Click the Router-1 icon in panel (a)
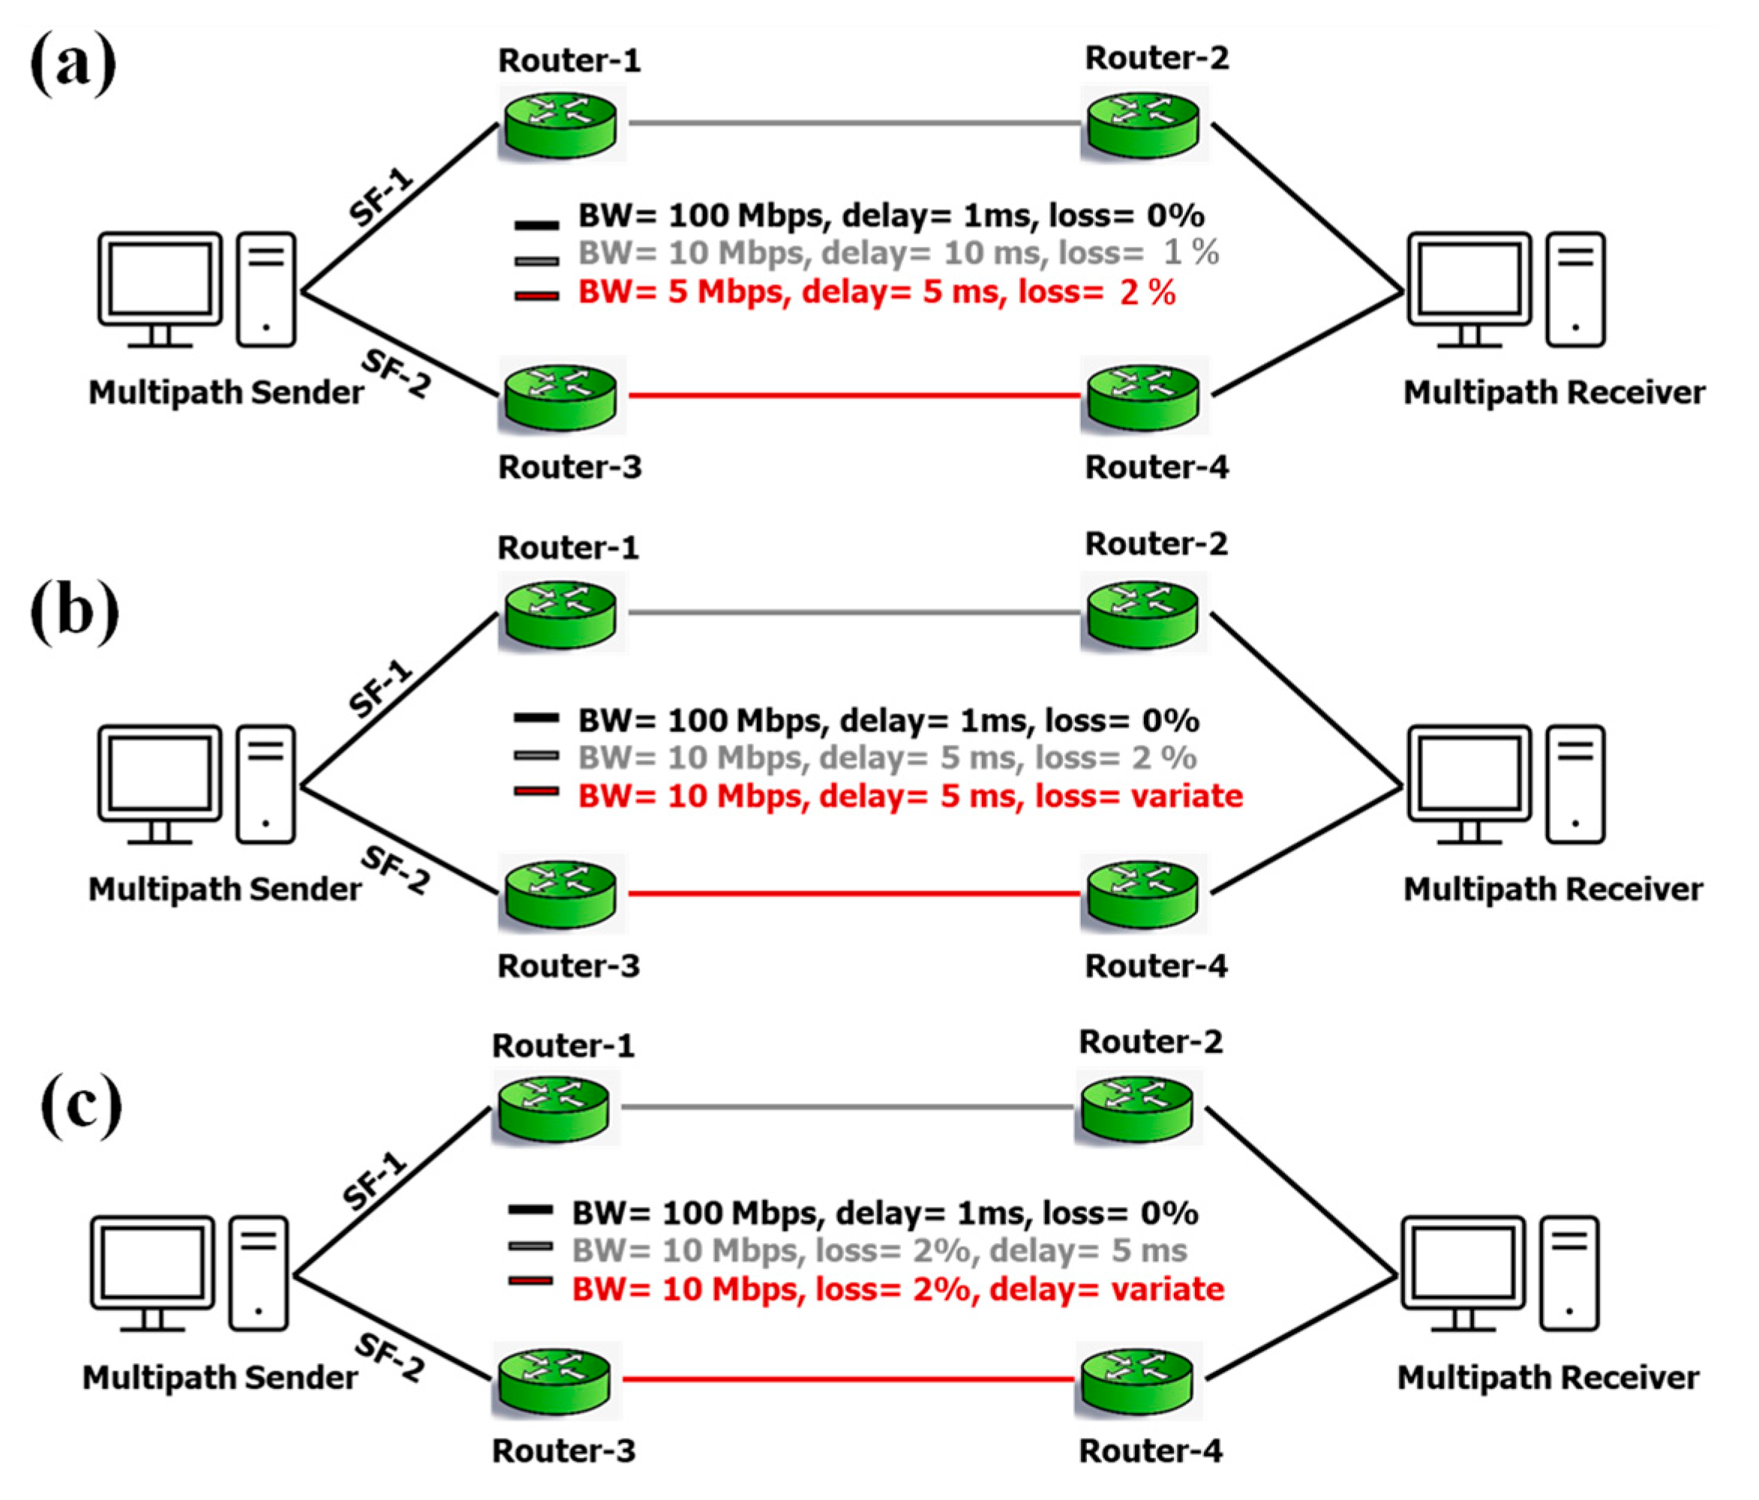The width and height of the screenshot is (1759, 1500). pos(560,124)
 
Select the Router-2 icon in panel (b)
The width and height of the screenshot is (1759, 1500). pos(1142,613)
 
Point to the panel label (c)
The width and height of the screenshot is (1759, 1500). pos(81,1105)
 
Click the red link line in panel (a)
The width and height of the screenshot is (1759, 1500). pos(853,395)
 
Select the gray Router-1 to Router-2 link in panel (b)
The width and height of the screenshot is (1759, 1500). pos(853,612)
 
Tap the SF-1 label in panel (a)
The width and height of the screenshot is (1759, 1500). pos(381,197)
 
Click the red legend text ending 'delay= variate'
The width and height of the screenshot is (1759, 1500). pos(898,1288)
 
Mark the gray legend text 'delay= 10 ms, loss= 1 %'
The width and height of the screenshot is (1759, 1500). pos(898,253)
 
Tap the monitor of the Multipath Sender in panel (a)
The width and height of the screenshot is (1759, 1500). pos(160,280)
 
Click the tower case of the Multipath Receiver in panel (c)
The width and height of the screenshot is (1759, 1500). pos(1570,1273)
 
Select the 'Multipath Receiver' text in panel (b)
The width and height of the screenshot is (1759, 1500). pos(1553,889)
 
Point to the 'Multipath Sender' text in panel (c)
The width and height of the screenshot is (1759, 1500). pos(220,1377)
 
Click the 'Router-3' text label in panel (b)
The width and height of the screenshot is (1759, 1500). pos(568,966)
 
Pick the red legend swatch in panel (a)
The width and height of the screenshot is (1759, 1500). pos(536,296)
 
